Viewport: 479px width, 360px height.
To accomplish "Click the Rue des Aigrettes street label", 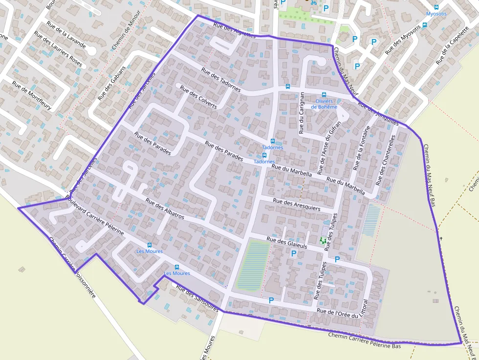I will point(234,30).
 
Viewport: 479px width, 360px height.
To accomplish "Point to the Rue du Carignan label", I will point(302,113).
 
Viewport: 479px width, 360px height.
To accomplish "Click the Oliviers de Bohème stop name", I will point(324,104).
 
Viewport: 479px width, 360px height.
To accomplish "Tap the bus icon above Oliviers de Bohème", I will point(324,95).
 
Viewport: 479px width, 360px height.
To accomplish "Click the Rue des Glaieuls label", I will point(286,243).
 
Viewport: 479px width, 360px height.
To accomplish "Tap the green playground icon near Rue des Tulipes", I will point(323,240).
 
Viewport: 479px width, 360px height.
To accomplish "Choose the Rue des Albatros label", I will point(164,209).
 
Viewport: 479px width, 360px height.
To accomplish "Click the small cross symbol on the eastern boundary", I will point(441,238).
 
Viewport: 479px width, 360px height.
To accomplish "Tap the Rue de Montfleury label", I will point(32,95).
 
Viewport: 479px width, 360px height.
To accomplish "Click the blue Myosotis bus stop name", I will point(436,14).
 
